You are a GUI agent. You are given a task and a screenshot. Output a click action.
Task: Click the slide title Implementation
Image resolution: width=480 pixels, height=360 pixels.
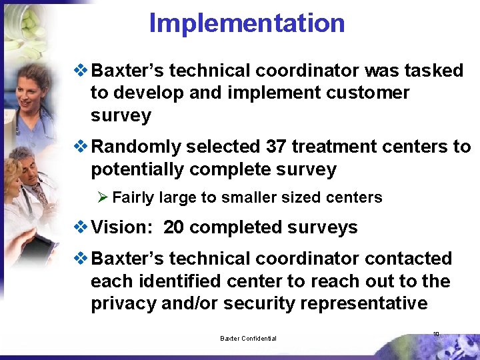tap(247, 23)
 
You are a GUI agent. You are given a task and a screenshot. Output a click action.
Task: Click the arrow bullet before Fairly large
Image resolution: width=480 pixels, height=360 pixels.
tap(103, 197)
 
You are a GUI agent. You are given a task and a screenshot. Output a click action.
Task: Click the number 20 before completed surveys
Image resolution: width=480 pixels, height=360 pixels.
tap(174, 227)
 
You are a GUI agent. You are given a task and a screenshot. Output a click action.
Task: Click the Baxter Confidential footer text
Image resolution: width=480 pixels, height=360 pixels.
tap(248, 339)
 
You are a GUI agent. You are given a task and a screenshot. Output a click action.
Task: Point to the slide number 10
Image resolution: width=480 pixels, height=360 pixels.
tap(436, 335)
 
